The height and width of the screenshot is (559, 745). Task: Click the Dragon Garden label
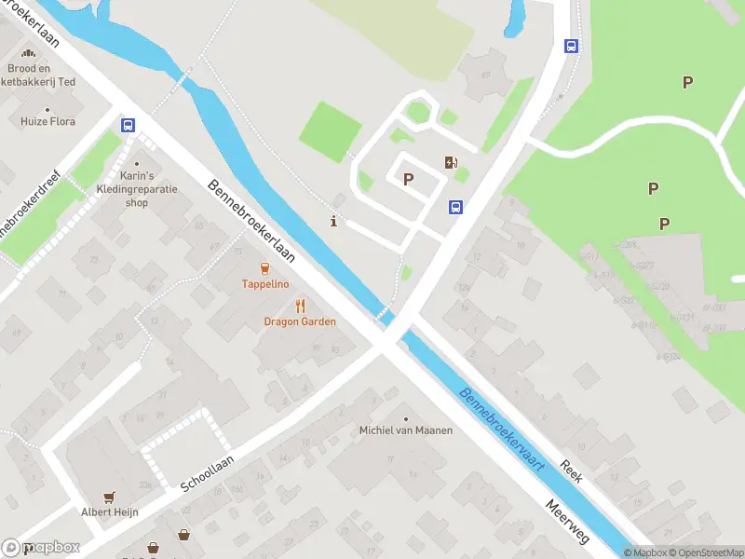click(299, 321)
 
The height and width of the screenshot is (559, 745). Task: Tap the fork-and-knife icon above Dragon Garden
click(300, 306)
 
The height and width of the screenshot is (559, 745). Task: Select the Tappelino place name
click(265, 283)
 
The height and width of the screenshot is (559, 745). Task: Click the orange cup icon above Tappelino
click(265, 268)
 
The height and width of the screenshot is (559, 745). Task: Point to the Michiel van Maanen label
click(406, 430)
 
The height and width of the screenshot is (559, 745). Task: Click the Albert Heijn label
click(110, 511)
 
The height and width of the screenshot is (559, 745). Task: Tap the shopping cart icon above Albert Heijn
click(110, 497)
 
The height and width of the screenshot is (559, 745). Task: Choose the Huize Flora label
click(48, 121)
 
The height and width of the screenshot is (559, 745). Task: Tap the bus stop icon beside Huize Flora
click(128, 125)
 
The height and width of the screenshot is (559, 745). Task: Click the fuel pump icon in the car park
click(452, 163)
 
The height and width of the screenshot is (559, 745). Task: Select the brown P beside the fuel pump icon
click(408, 179)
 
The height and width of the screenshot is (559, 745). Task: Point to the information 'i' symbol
click(334, 221)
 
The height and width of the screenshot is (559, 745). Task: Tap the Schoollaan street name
click(207, 473)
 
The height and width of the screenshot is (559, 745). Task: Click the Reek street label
click(571, 470)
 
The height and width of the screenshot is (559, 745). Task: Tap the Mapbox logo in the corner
click(42, 548)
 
